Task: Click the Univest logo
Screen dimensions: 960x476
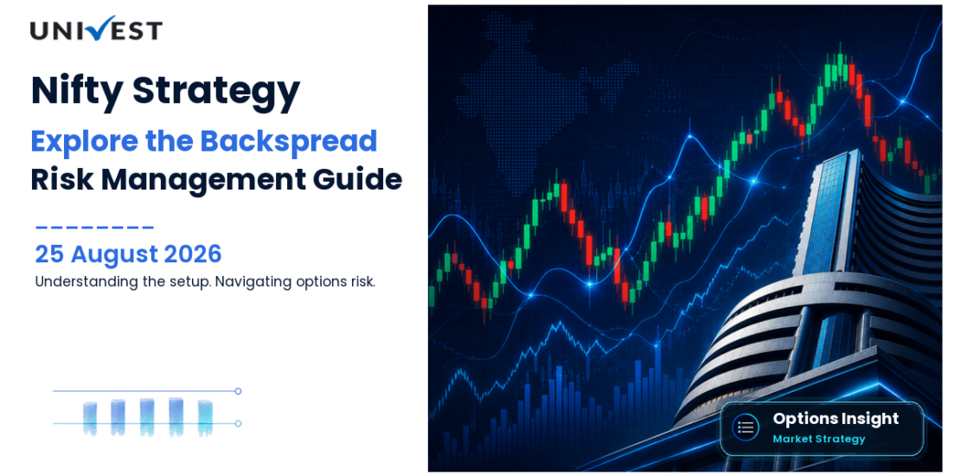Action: [96, 29]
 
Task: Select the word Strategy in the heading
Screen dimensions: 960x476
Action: [216, 91]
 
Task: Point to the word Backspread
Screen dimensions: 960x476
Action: [288, 142]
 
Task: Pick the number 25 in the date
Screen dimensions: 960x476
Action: [49, 254]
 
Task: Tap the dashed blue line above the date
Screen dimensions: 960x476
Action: [95, 228]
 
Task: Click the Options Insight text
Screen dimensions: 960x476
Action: [835, 418]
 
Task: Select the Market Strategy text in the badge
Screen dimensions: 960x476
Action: [819, 439]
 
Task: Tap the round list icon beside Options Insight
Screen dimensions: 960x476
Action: [746, 428]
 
